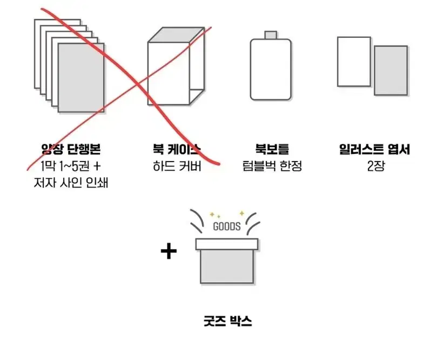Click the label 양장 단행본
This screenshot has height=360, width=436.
click(x=70, y=149)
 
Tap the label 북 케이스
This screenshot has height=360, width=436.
click(x=176, y=149)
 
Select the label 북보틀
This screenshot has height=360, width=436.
click(x=272, y=149)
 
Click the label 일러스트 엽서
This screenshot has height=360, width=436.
click(x=374, y=149)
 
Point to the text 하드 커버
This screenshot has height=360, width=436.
click(x=177, y=166)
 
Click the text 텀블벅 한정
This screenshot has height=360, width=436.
click(x=272, y=166)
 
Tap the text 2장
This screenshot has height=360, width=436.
click(x=375, y=166)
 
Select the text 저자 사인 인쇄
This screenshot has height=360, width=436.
click(x=70, y=183)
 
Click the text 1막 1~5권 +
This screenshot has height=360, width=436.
click(x=70, y=166)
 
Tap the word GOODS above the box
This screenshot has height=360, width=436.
click(x=227, y=226)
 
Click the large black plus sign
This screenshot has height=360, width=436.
click(x=169, y=251)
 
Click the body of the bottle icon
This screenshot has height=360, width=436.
click(x=271, y=70)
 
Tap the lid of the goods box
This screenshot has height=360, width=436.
click(x=227, y=244)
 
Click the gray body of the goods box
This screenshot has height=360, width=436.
click(x=227, y=266)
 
